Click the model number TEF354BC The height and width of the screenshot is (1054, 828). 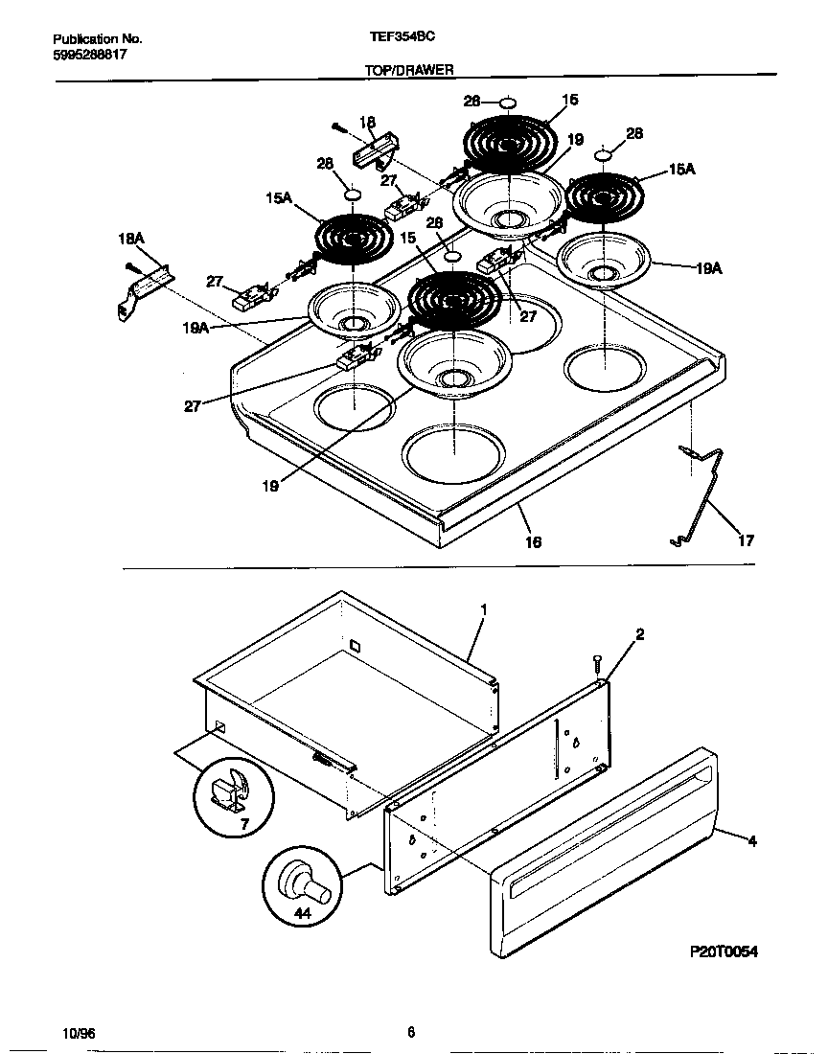tap(402, 39)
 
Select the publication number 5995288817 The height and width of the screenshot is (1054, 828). tap(90, 55)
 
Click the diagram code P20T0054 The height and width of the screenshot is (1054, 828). tap(724, 951)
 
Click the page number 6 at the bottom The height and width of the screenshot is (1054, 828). tap(410, 1032)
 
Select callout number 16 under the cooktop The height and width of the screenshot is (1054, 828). tap(534, 542)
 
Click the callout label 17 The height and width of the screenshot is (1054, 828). tap(746, 540)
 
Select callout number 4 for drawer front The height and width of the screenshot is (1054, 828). tap(752, 841)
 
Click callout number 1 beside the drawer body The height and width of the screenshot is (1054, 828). tap(484, 609)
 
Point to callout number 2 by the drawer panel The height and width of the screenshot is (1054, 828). tap(639, 634)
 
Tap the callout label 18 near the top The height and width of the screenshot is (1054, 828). tap(367, 122)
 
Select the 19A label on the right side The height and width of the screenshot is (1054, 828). tap(708, 268)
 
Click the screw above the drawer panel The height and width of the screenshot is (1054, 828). tap(596, 662)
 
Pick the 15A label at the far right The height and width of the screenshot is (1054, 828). tap(681, 170)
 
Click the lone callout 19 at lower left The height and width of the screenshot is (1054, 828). tap(270, 486)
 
